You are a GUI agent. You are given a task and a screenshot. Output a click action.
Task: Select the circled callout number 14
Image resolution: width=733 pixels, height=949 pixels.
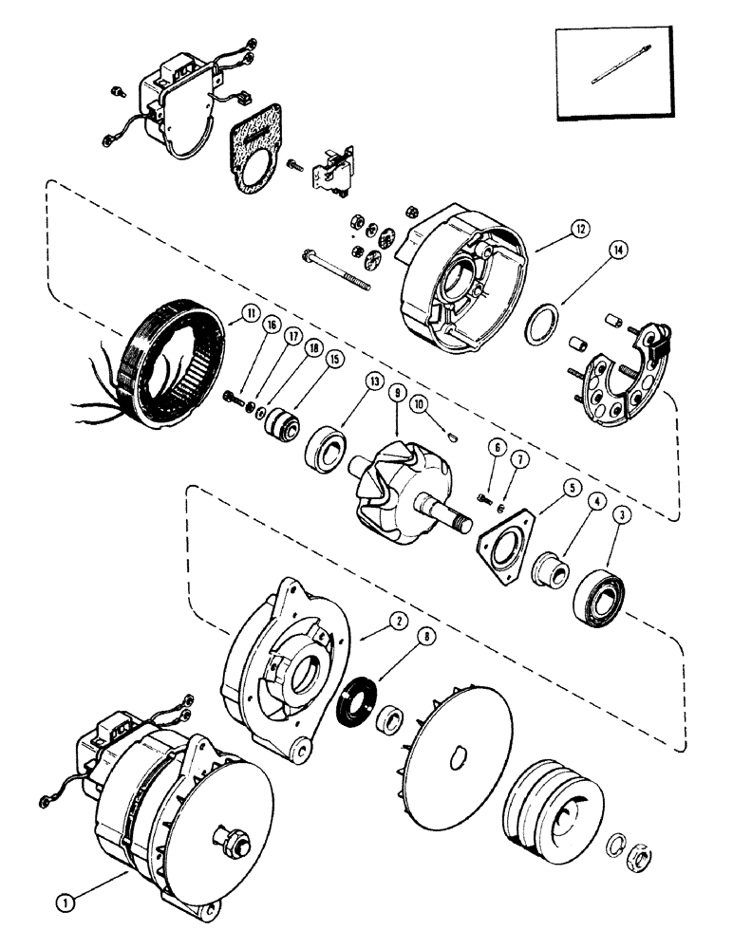(618, 251)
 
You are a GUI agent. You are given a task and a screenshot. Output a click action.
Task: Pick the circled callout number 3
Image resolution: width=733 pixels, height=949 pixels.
(620, 515)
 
